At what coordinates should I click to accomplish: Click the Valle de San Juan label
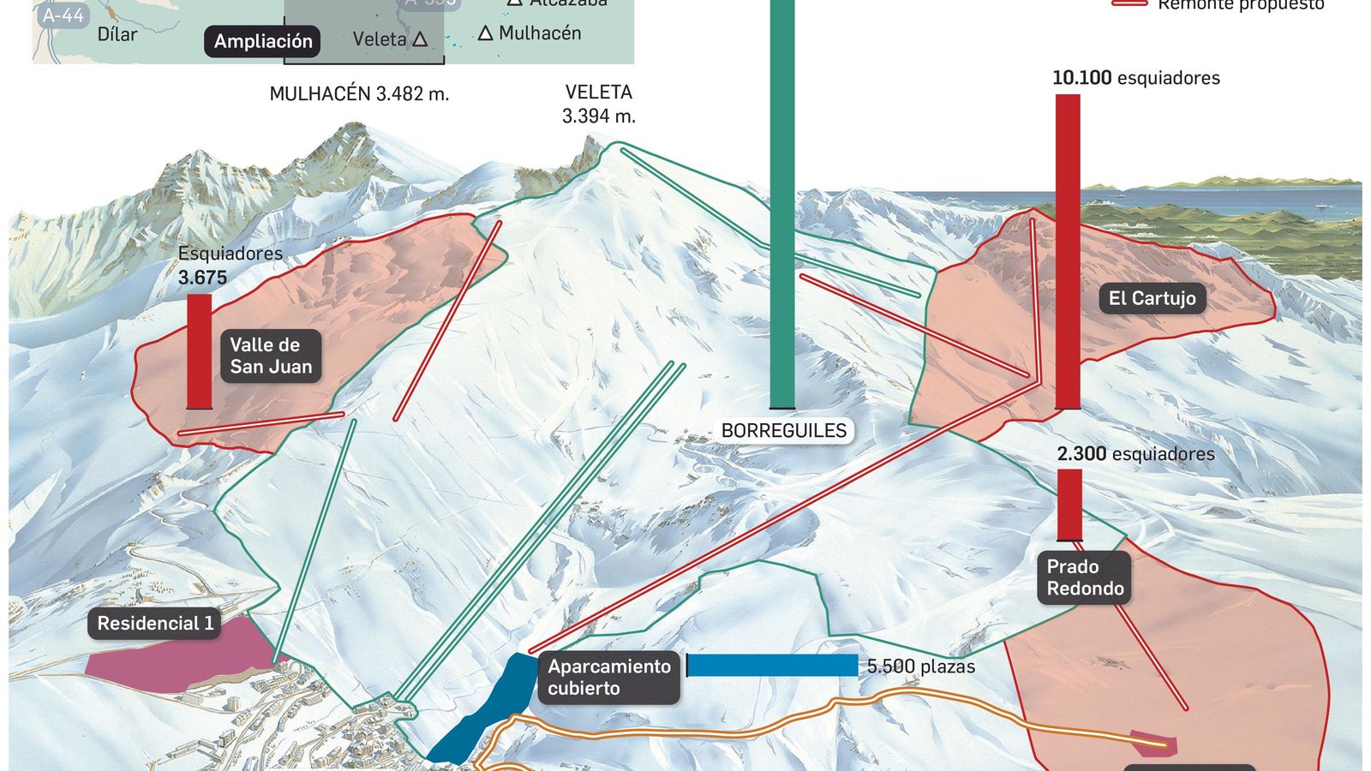click(271, 356)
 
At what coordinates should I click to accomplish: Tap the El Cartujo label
click(1152, 298)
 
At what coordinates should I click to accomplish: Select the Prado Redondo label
click(1085, 577)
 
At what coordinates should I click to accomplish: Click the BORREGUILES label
click(783, 431)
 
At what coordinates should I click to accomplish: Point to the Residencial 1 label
click(155, 624)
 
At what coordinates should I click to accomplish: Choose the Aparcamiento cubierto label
click(608, 677)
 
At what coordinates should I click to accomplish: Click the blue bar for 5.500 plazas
click(772, 666)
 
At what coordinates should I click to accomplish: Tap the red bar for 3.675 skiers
click(199, 351)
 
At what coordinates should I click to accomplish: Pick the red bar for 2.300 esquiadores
click(1069, 505)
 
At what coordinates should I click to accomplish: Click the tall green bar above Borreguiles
click(782, 206)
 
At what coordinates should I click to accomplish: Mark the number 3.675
click(203, 278)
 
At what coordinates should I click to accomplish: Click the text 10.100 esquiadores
click(1135, 78)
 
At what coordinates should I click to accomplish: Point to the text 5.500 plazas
click(920, 666)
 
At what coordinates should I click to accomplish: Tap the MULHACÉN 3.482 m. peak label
click(359, 94)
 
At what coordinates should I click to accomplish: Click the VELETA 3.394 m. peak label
click(599, 104)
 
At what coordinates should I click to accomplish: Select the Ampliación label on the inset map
click(263, 41)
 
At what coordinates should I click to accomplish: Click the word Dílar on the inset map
click(117, 34)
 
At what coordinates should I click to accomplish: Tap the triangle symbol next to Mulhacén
click(485, 33)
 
